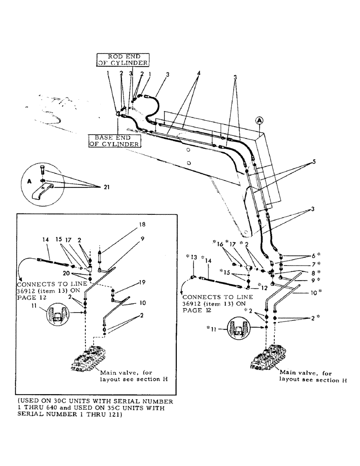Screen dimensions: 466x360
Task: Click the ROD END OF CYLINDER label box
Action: [x=123, y=60]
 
